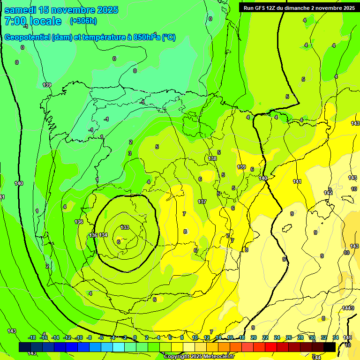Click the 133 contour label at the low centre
tap(125, 227)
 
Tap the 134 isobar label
tap(103, 235)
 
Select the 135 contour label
tap(93, 235)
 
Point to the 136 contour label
tap(79, 222)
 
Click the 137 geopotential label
tap(202, 202)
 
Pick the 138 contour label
tap(213, 158)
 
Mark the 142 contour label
tap(328, 193)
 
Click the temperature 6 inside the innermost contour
tap(119, 242)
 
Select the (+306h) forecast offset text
tap(83, 21)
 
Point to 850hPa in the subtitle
tap(147, 37)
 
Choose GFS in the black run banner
tap(261, 8)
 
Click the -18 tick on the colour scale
tap(32, 337)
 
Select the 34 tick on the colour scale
tap(336, 337)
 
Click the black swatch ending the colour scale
tap(330, 347)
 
